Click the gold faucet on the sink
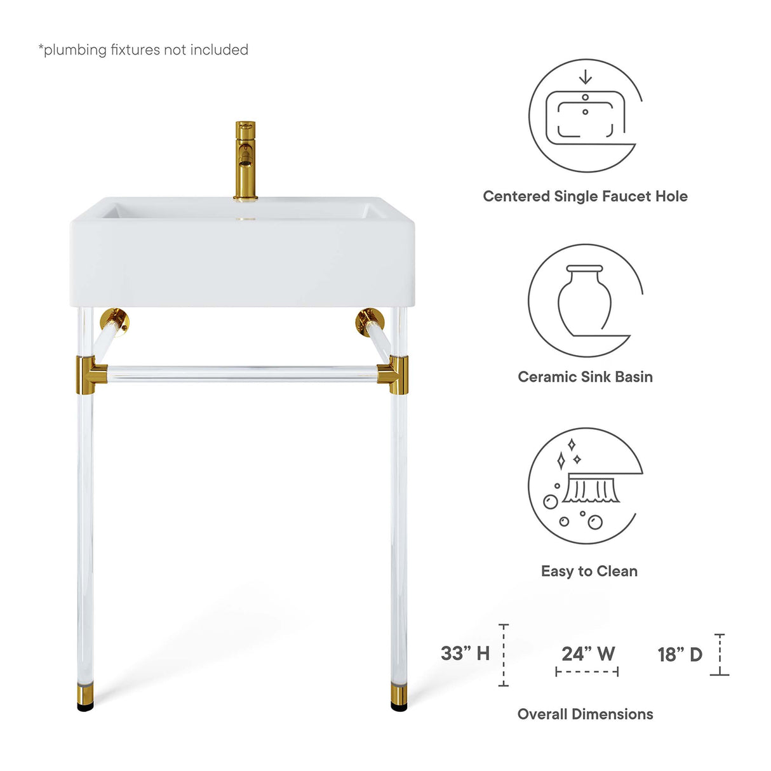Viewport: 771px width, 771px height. coord(245,159)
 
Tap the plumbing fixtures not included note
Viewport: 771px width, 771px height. coord(144,50)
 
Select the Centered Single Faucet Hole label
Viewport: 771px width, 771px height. coord(585,196)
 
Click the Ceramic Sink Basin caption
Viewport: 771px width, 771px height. coord(585,377)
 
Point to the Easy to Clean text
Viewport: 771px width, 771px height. coord(589,571)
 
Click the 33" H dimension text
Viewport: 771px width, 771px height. coord(465,653)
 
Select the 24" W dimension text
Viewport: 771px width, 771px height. coord(588,654)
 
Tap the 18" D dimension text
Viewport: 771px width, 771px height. coord(680,654)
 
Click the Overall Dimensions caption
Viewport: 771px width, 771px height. coord(585,714)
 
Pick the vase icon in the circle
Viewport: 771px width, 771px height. coord(584,300)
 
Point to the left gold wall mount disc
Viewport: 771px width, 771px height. coord(116,321)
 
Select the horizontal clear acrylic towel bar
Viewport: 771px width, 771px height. coord(241,373)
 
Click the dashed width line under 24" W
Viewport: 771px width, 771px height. coord(587,671)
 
